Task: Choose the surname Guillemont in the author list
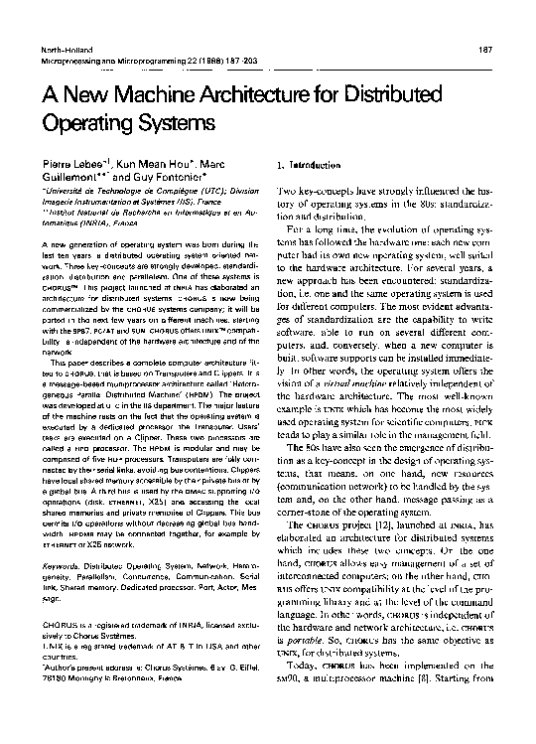[x=75, y=176]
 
